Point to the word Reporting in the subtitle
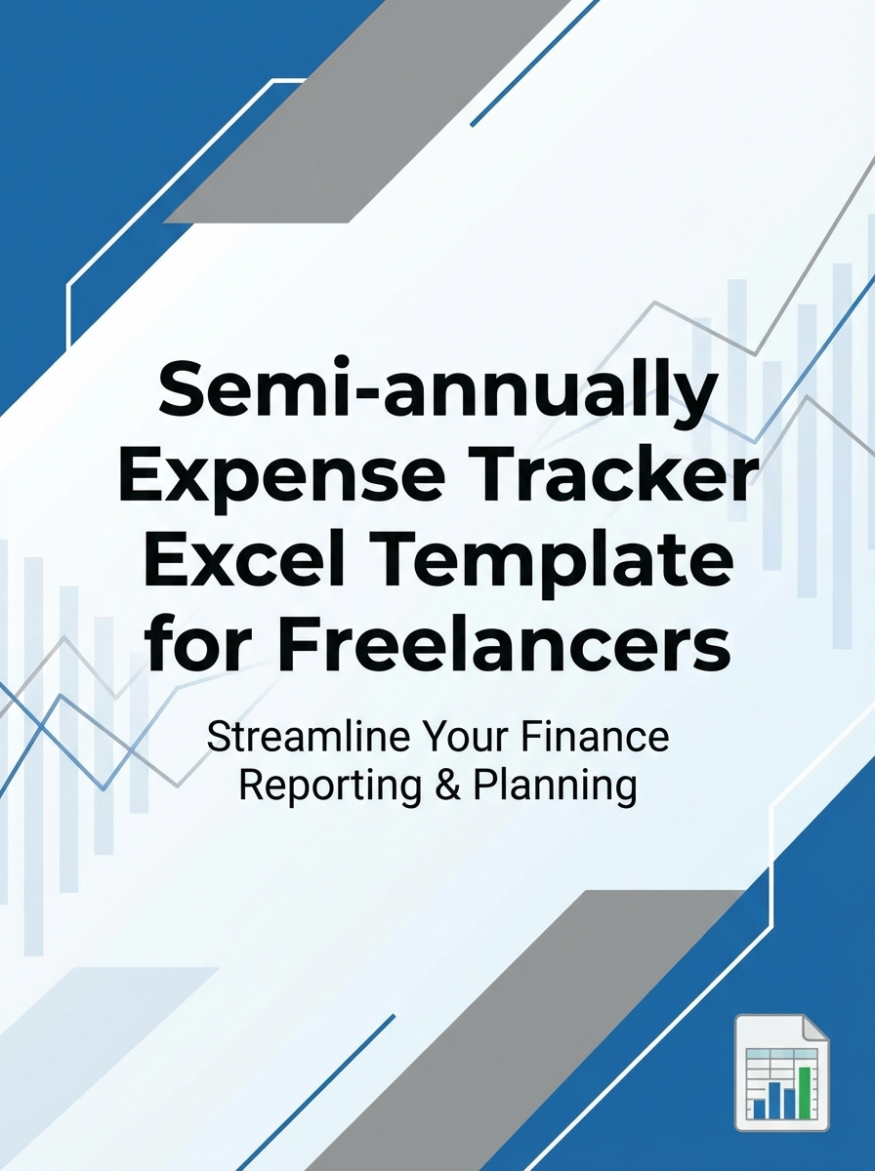pos(316,787)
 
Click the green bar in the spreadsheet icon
pos(806,1093)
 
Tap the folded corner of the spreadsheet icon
pos(815,1029)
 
